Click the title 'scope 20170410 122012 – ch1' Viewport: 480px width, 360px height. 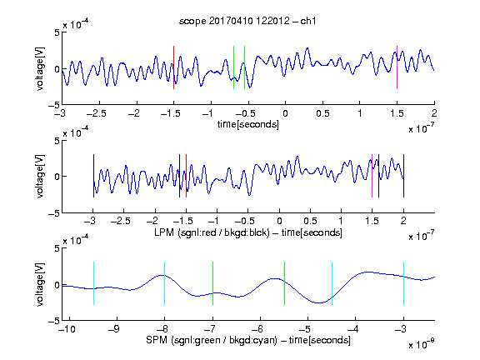247,21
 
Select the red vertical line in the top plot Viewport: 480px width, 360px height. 173,67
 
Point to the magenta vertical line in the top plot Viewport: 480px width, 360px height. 397,67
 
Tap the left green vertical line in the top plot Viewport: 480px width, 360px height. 233,67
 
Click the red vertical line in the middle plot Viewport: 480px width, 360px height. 186,176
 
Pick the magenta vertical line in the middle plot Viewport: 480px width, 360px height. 372,176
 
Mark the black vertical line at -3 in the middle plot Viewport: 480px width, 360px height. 93,176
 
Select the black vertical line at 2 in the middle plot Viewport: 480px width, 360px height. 403,176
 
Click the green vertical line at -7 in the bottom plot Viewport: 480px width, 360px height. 212,283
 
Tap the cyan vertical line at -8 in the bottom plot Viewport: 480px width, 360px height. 164,283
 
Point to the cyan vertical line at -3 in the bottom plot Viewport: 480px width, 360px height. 403,283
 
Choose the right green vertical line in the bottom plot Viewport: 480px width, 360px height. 284,283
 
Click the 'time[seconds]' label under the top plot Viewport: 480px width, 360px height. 248,124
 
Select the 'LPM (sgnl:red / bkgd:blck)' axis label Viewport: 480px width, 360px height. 212,232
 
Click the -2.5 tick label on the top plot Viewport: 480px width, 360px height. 97,113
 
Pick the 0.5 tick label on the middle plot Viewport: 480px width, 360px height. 310,221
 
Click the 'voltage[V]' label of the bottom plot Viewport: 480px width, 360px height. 40,284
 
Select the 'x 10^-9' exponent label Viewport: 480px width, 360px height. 422,344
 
